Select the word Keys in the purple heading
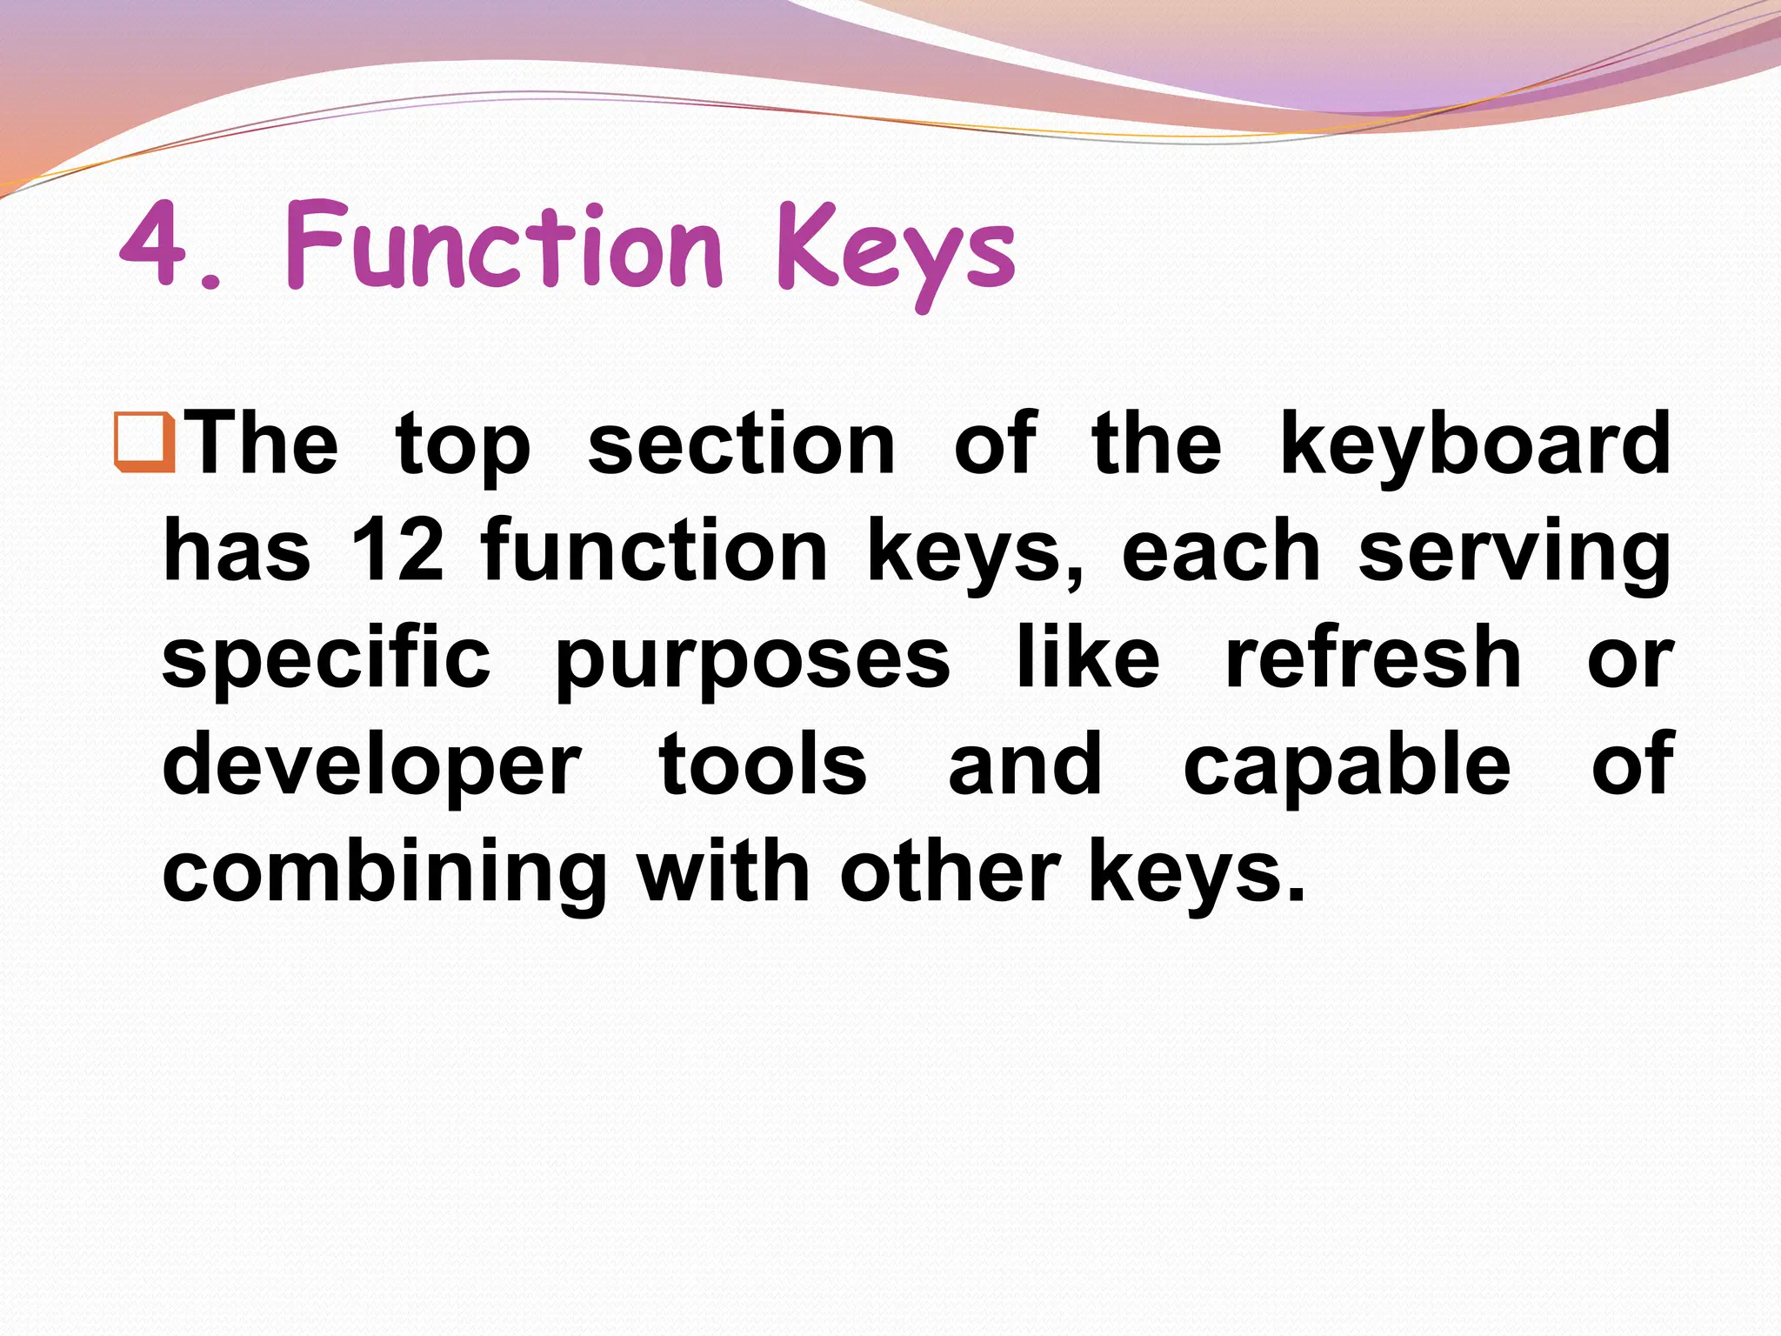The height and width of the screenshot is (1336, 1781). (896, 252)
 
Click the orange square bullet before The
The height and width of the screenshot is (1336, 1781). (144, 444)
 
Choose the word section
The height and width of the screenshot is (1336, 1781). (741, 445)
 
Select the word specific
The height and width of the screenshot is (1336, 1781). (326, 659)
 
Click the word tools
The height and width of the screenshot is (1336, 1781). (763, 765)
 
